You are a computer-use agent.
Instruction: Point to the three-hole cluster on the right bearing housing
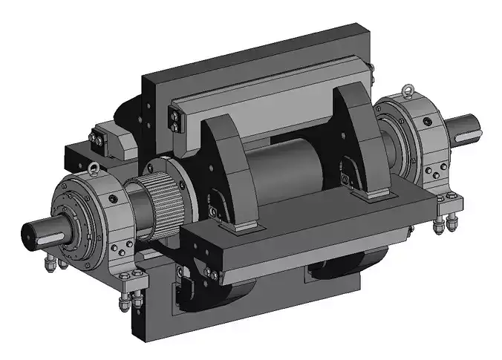pos(432,170)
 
